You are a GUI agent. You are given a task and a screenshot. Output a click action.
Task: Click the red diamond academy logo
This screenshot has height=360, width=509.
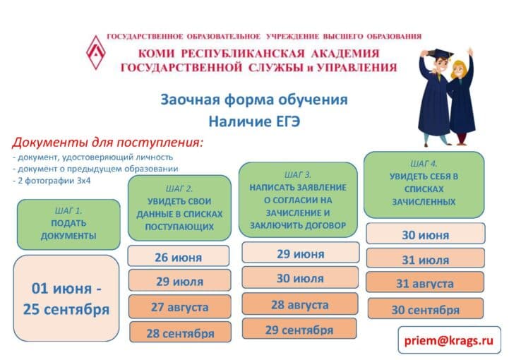(x=96, y=52)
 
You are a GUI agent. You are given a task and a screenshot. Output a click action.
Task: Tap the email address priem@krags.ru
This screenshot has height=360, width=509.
(x=449, y=340)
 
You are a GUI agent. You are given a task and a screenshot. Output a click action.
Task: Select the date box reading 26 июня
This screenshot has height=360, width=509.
(x=178, y=256)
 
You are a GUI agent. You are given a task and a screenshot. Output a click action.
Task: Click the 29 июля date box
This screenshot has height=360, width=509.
(x=179, y=280)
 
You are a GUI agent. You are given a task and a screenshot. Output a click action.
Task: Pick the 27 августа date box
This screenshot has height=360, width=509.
(x=179, y=306)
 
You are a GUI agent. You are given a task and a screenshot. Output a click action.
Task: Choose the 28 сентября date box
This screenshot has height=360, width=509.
(x=180, y=332)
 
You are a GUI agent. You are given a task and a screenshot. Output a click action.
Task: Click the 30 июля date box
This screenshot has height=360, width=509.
(x=300, y=277)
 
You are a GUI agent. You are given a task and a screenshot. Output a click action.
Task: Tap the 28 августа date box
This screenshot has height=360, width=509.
(x=300, y=304)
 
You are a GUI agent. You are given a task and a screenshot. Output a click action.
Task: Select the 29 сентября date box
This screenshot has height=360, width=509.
(x=299, y=329)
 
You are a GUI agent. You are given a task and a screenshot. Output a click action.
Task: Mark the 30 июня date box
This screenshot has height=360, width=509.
(x=426, y=234)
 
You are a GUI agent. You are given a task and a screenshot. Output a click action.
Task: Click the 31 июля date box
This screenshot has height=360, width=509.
(x=426, y=258)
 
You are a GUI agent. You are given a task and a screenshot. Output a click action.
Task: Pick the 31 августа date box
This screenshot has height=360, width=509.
(x=425, y=282)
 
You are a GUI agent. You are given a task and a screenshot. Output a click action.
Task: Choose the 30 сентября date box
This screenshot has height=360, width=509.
(x=425, y=308)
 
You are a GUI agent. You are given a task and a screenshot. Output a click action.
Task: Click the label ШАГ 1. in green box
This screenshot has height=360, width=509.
(x=68, y=211)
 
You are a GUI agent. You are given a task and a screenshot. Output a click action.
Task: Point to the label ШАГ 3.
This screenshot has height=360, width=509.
(x=298, y=175)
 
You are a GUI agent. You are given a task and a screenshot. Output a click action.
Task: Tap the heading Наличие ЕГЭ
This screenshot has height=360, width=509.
(x=254, y=121)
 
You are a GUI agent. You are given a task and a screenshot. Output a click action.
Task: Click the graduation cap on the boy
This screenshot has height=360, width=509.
(x=441, y=54)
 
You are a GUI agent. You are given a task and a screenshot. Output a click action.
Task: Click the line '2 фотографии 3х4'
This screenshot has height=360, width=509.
(x=52, y=181)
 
